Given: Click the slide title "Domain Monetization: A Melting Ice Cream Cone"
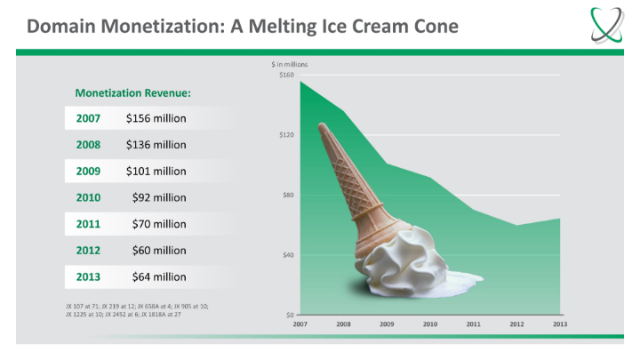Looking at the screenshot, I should (242, 26).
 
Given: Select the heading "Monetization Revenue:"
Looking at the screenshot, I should (133, 92).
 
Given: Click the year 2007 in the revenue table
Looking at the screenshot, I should (88, 117).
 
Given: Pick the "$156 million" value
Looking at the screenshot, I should (156, 117).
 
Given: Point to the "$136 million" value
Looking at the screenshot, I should (156, 144).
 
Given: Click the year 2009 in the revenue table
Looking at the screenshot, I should (88, 171).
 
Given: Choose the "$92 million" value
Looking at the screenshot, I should (158, 197).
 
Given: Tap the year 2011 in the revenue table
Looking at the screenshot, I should (88, 224).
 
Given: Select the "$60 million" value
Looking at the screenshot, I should (158, 251).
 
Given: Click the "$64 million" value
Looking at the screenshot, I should (158, 277).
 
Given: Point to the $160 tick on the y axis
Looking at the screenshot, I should (286, 75).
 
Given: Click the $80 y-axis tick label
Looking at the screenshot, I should (288, 195).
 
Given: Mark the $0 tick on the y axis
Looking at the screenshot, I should (290, 315).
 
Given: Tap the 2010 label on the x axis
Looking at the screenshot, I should (430, 324).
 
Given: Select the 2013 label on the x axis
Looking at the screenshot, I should (560, 324).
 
